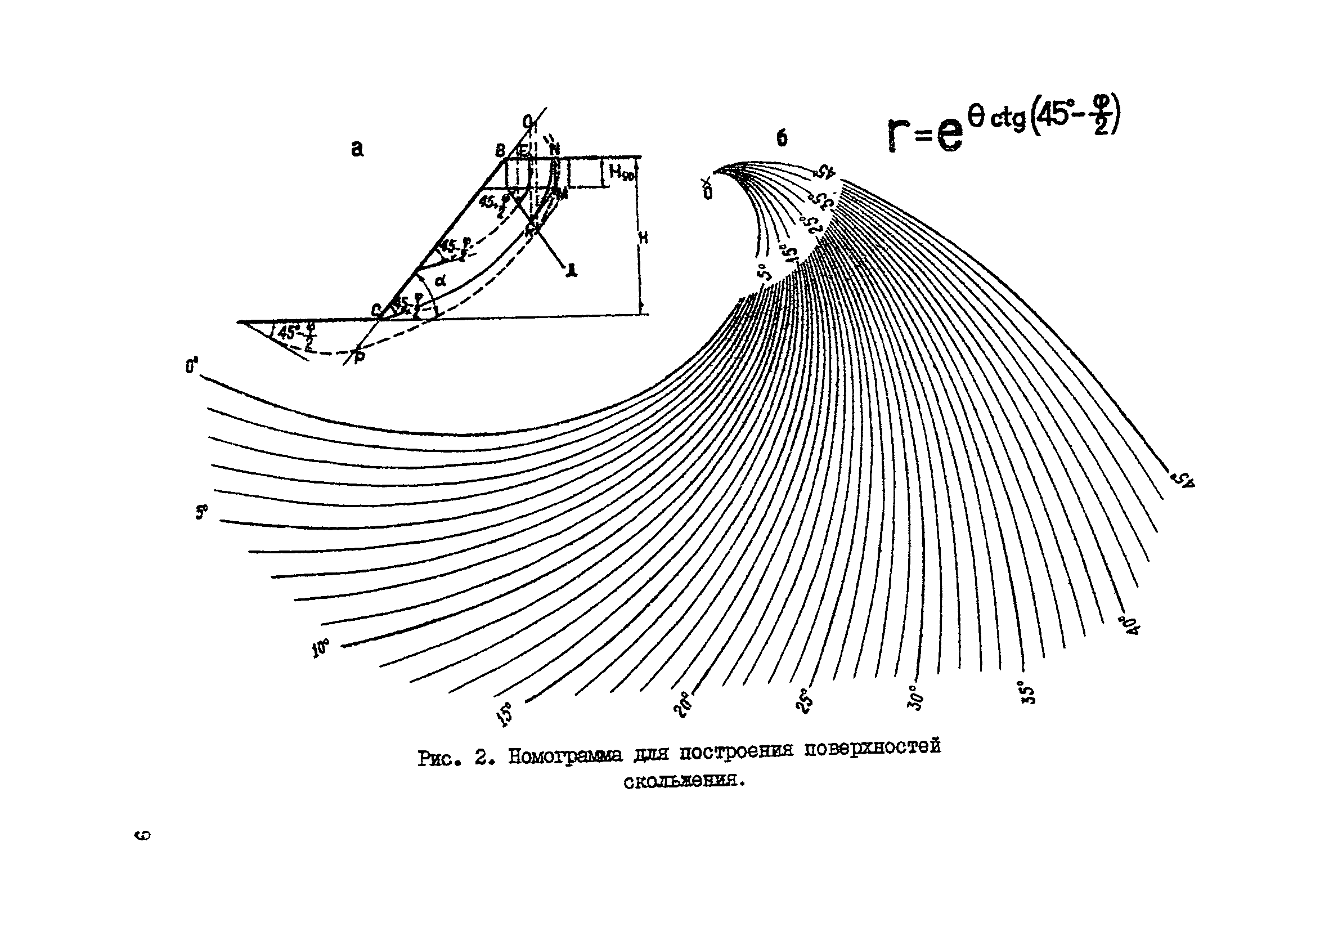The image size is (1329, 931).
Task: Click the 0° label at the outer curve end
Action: point(191,366)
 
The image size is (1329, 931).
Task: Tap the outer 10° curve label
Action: point(321,648)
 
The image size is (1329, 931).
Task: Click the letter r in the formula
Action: point(899,135)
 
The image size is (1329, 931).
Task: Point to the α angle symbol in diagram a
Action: point(440,280)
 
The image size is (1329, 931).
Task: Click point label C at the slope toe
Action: point(377,311)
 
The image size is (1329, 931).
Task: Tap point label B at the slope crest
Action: point(500,151)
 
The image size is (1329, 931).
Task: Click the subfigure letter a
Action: point(357,149)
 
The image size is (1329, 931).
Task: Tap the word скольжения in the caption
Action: point(683,782)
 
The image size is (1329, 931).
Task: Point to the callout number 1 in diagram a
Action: point(572,269)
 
